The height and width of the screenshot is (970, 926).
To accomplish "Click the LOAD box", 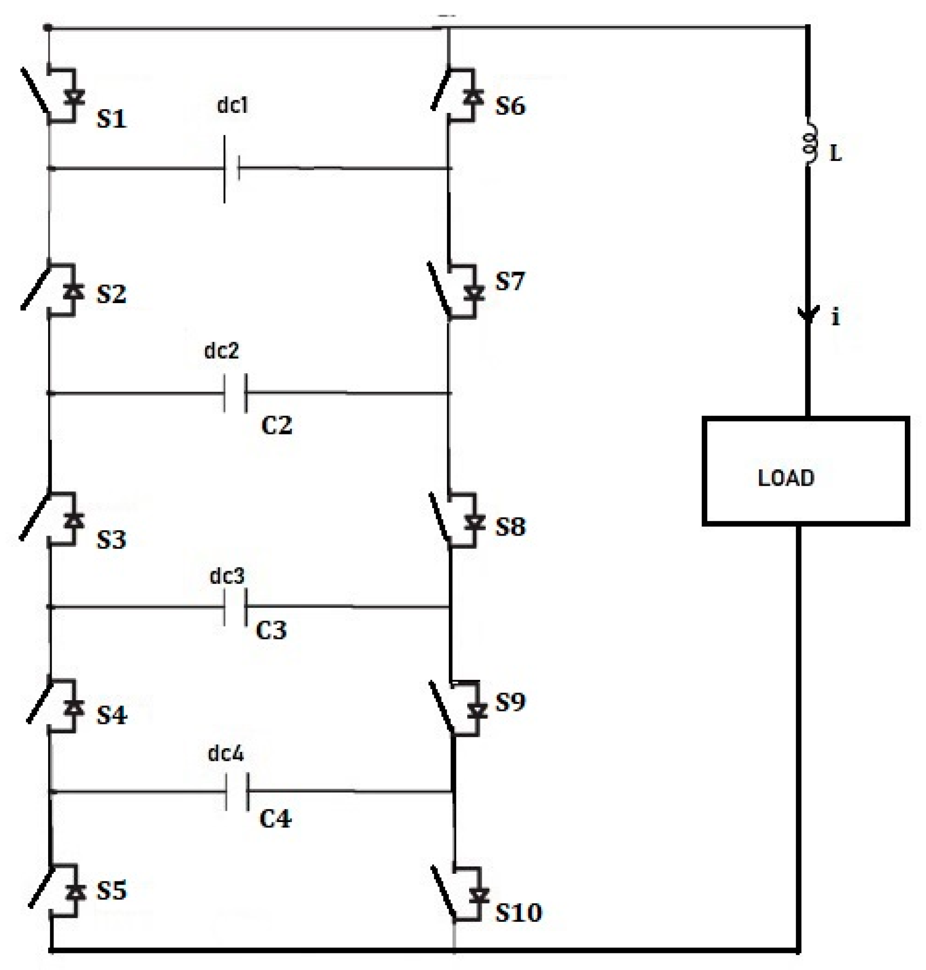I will point(805,471).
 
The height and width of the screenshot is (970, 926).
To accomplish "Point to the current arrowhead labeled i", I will point(808,313).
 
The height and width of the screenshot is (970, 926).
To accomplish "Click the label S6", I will point(510,106).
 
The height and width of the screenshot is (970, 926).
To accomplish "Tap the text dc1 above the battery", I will point(233,105).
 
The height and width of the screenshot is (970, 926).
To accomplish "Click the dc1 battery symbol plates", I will point(232,169).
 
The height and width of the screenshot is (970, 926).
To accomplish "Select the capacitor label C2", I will point(277,425).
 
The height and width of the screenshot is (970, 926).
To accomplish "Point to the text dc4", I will point(226,753).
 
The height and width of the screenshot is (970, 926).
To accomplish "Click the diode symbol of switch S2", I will point(74,292).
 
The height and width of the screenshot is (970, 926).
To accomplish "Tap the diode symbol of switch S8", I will point(475,521).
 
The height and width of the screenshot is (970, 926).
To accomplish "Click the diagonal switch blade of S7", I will point(439,289).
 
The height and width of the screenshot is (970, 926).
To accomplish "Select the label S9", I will point(510,702).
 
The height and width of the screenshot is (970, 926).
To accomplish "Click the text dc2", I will point(222,350).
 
